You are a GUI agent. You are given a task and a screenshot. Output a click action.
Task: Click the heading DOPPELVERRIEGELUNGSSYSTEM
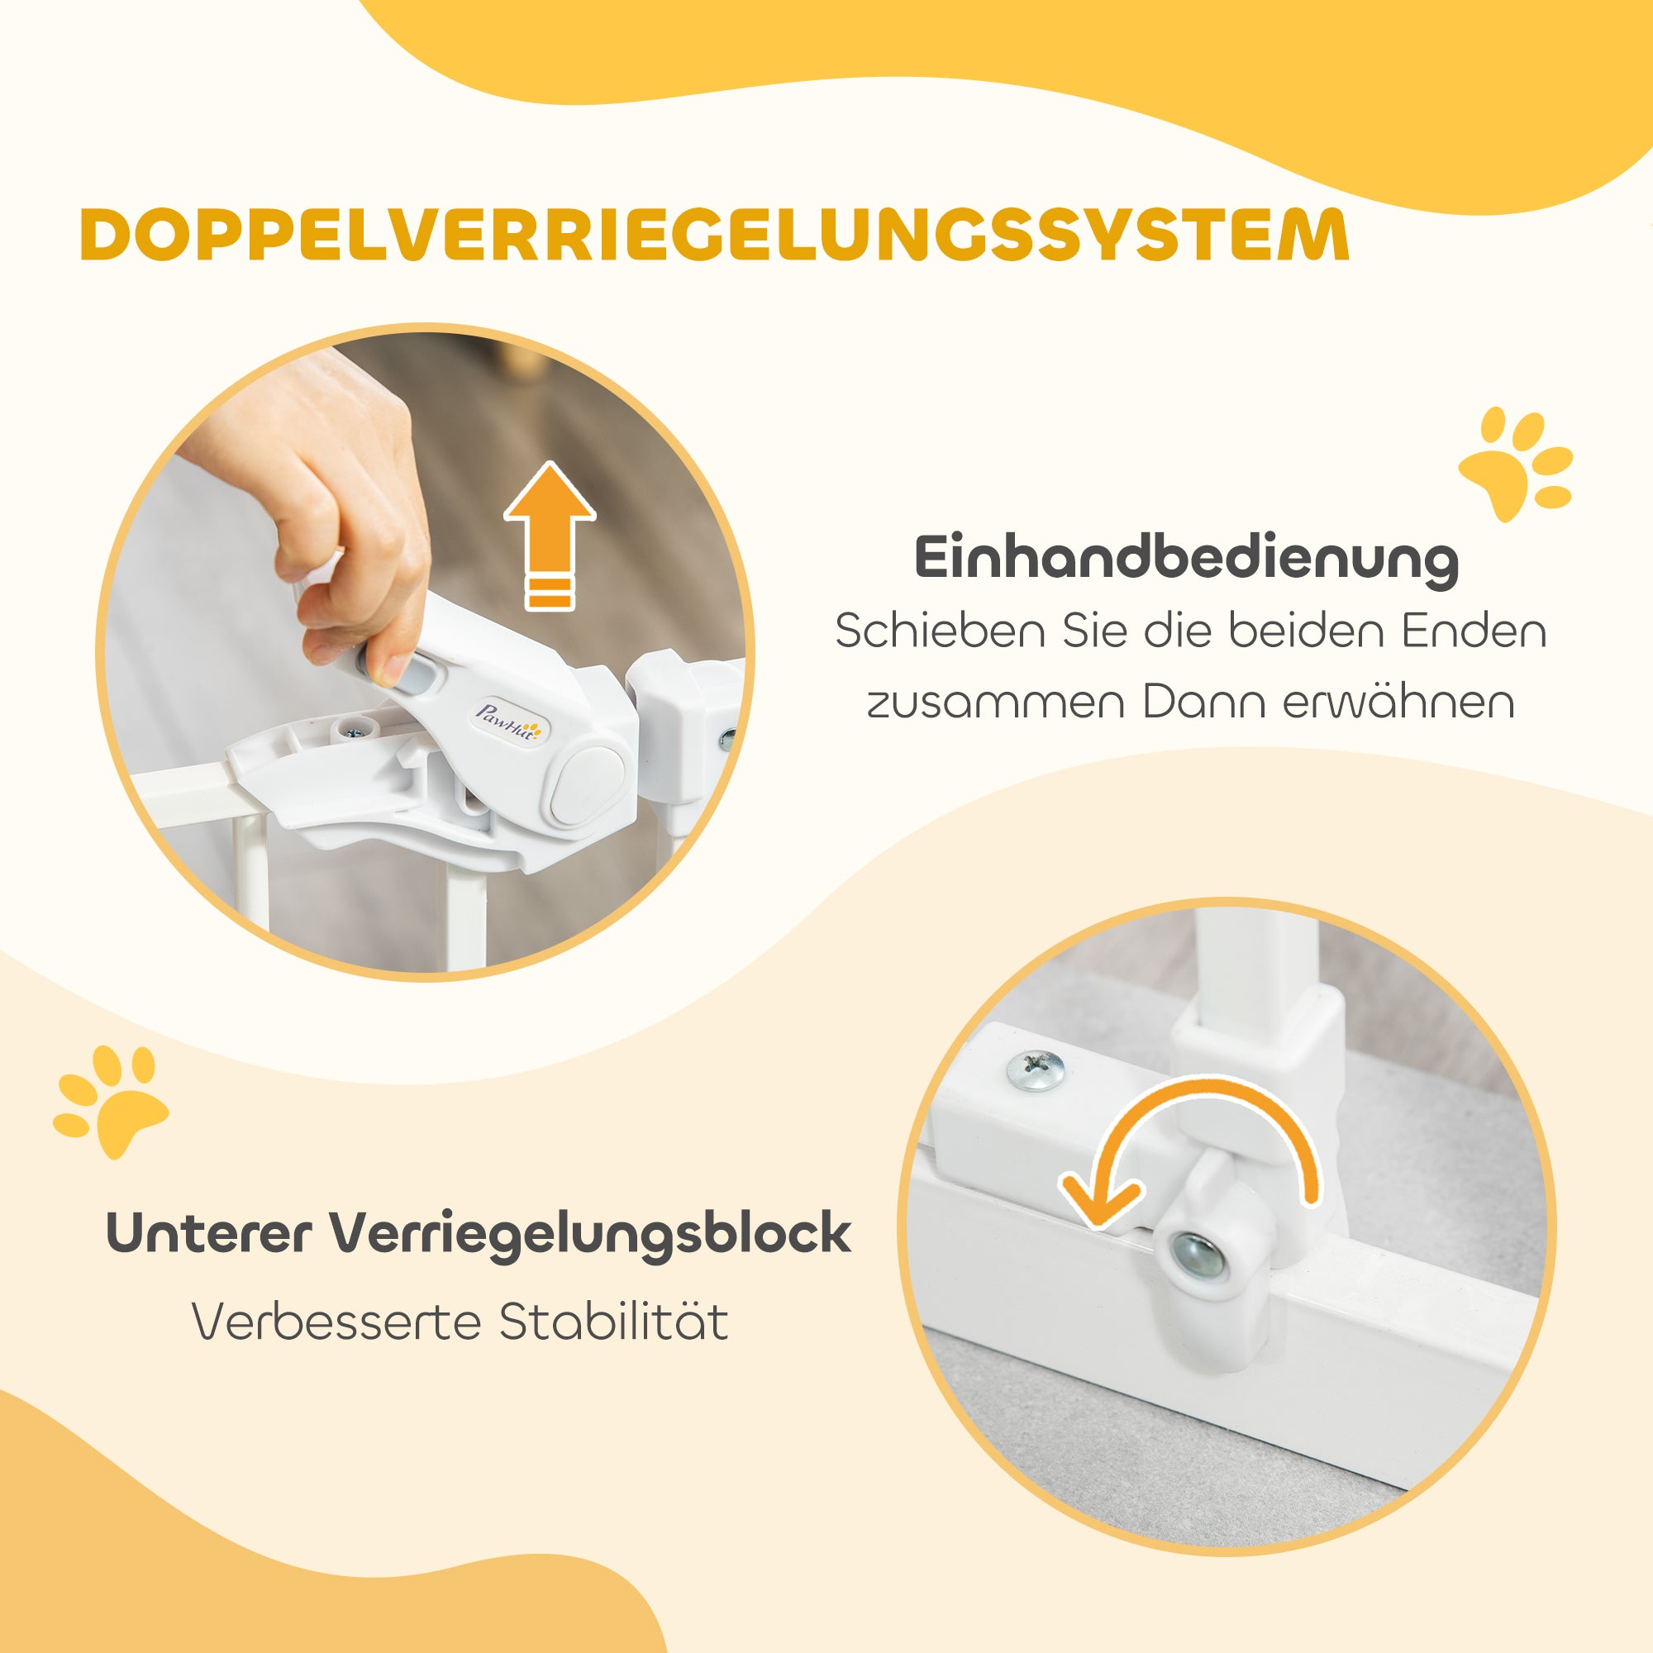click(714, 234)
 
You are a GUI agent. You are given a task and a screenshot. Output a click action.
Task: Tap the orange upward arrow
click(550, 535)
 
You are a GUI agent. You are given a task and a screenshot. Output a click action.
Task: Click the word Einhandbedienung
click(1187, 559)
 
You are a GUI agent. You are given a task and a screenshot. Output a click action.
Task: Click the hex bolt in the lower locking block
click(1196, 1255)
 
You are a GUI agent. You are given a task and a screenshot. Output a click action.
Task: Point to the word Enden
click(1474, 632)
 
